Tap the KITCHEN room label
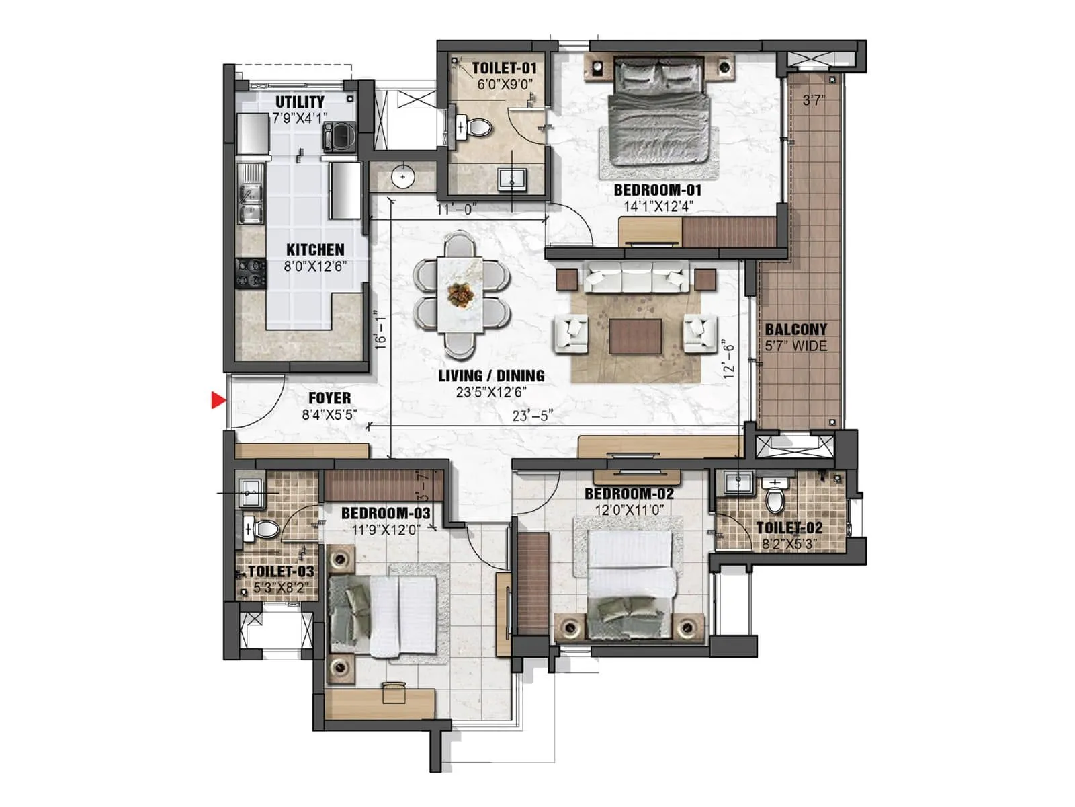click(x=315, y=249)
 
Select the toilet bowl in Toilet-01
click(x=478, y=126)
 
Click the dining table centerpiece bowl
click(x=460, y=293)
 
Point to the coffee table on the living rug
click(x=635, y=336)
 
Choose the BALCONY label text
click(x=795, y=330)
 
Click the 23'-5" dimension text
click(x=532, y=416)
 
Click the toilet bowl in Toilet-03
click(x=263, y=529)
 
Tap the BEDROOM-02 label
click(x=629, y=494)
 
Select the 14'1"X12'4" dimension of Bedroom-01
click(x=658, y=206)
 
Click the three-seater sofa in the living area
click(x=636, y=276)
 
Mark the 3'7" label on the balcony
click(x=814, y=101)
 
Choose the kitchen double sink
click(x=251, y=203)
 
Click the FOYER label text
click(x=329, y=398)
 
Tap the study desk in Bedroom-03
click(x=380, y=702)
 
